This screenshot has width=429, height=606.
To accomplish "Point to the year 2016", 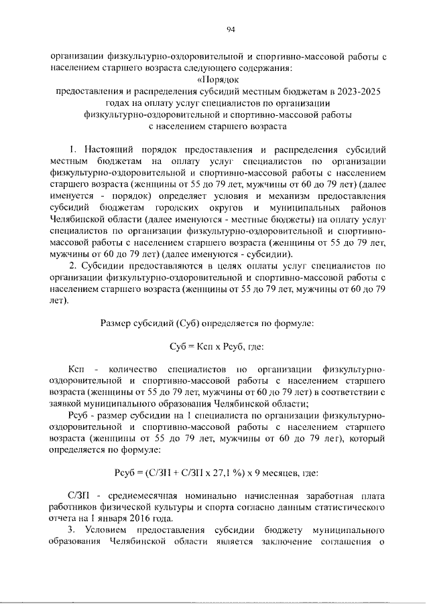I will click(148, 518).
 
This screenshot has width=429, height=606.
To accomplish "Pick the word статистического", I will click(342, 507).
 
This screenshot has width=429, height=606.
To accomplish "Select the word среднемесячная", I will click(144, 496).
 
